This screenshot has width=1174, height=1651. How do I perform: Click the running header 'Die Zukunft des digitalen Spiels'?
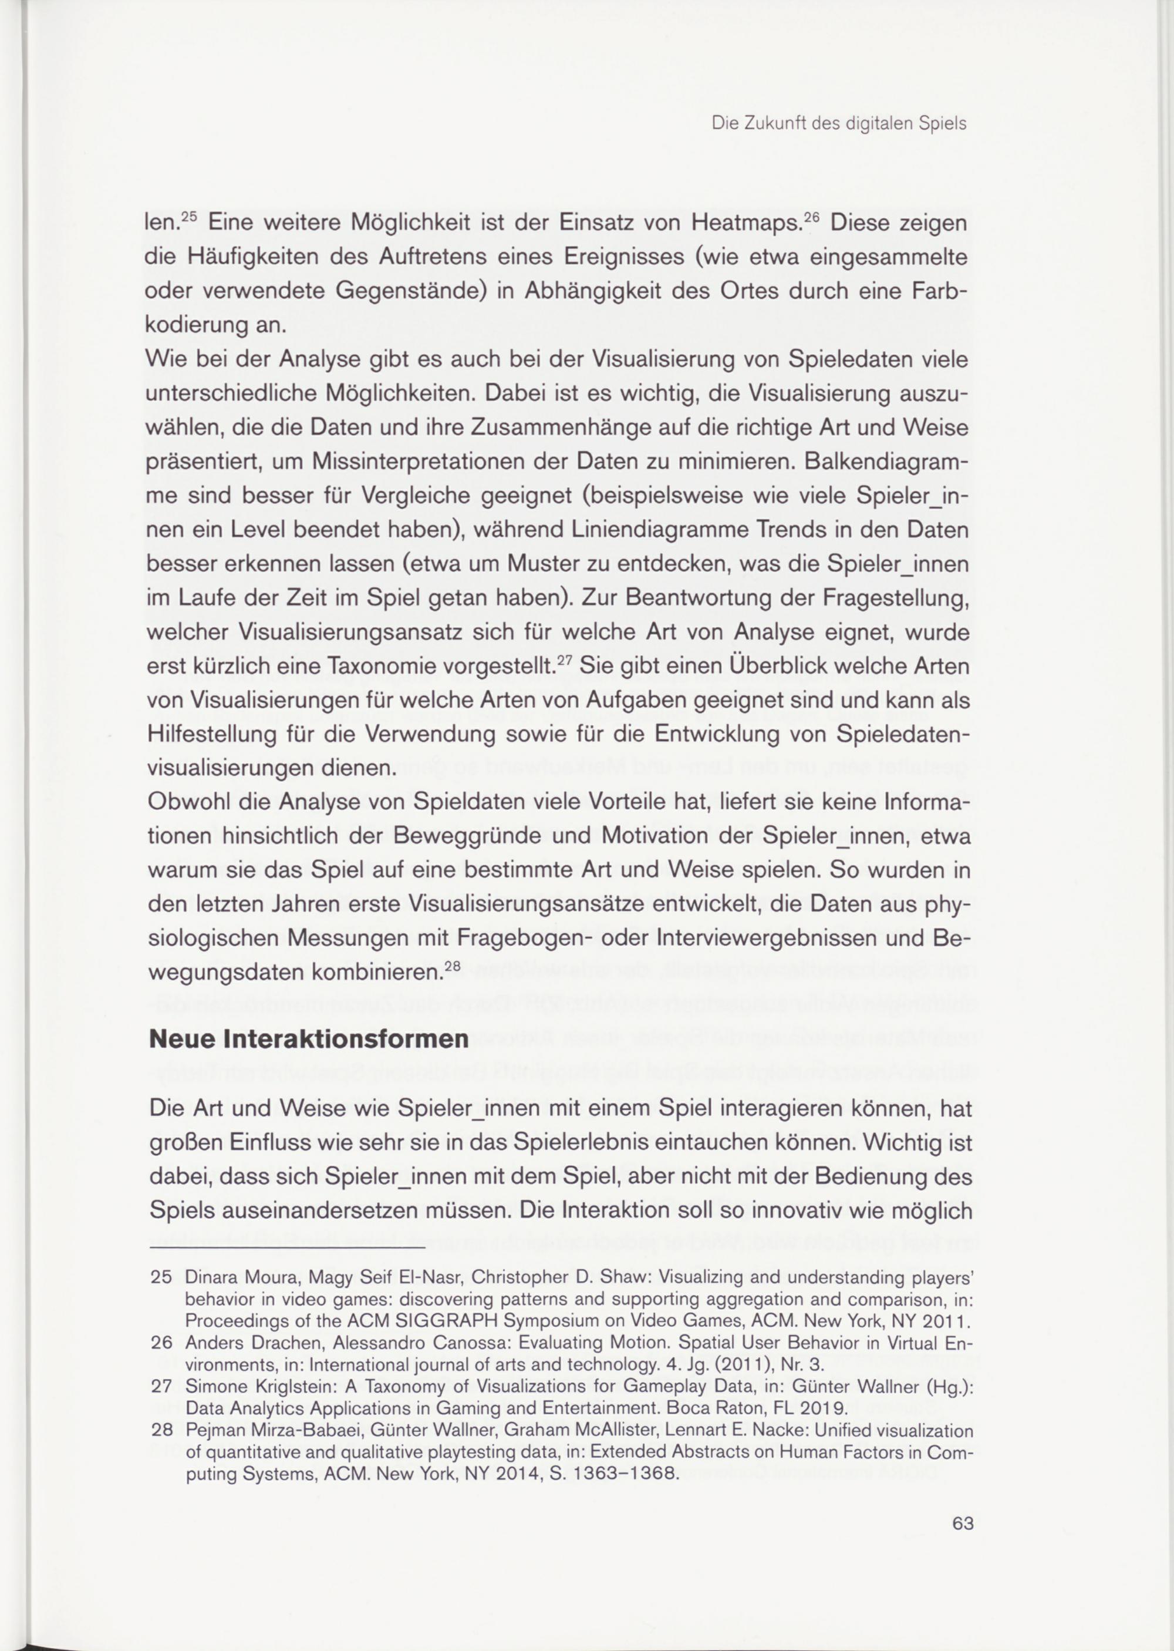click(839, 124)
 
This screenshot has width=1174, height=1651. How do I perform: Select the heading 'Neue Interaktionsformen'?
click(309, 1039)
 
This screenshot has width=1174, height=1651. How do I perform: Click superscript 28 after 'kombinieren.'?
click(452, 966)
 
